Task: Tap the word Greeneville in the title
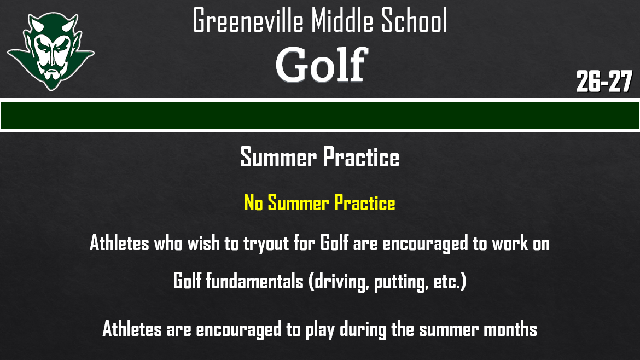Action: click(248, 22)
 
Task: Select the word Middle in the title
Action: click(344, 22)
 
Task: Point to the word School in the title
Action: click(417, 22)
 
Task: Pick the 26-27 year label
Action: click(604, 82)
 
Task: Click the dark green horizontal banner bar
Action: click(320, 115)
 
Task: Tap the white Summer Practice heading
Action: click(320, 158)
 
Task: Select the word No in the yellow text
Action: click(254, 204)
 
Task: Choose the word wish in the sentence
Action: click(203, 243)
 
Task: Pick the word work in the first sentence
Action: click(510, 243)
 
